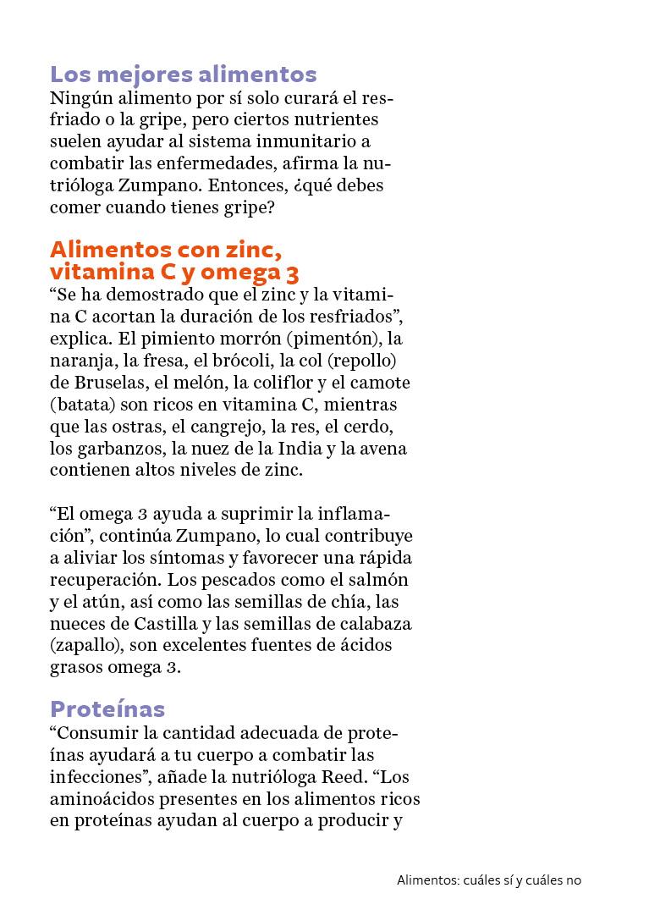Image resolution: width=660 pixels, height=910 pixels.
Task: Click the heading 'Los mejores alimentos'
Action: click(184, 74)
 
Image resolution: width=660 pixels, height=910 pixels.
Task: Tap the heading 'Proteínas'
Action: click(107, 709)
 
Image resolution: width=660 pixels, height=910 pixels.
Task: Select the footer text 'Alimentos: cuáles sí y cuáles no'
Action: click(489, 880)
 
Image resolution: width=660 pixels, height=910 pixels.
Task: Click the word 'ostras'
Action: click(135, 427)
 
